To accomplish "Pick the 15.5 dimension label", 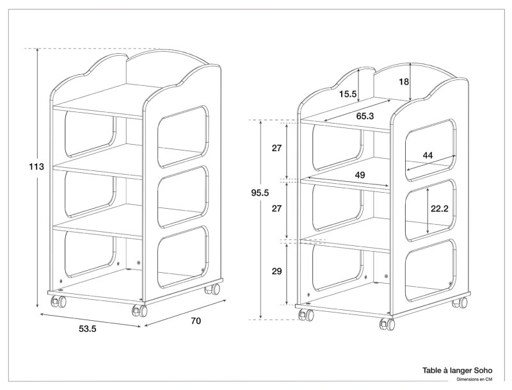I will tap(348, 94).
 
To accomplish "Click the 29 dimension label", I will tap(276, 271).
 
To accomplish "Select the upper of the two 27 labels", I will tap(276, 149).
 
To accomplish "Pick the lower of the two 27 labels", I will tap(276, 209).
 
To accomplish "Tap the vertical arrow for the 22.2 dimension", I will tap(428, 211).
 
